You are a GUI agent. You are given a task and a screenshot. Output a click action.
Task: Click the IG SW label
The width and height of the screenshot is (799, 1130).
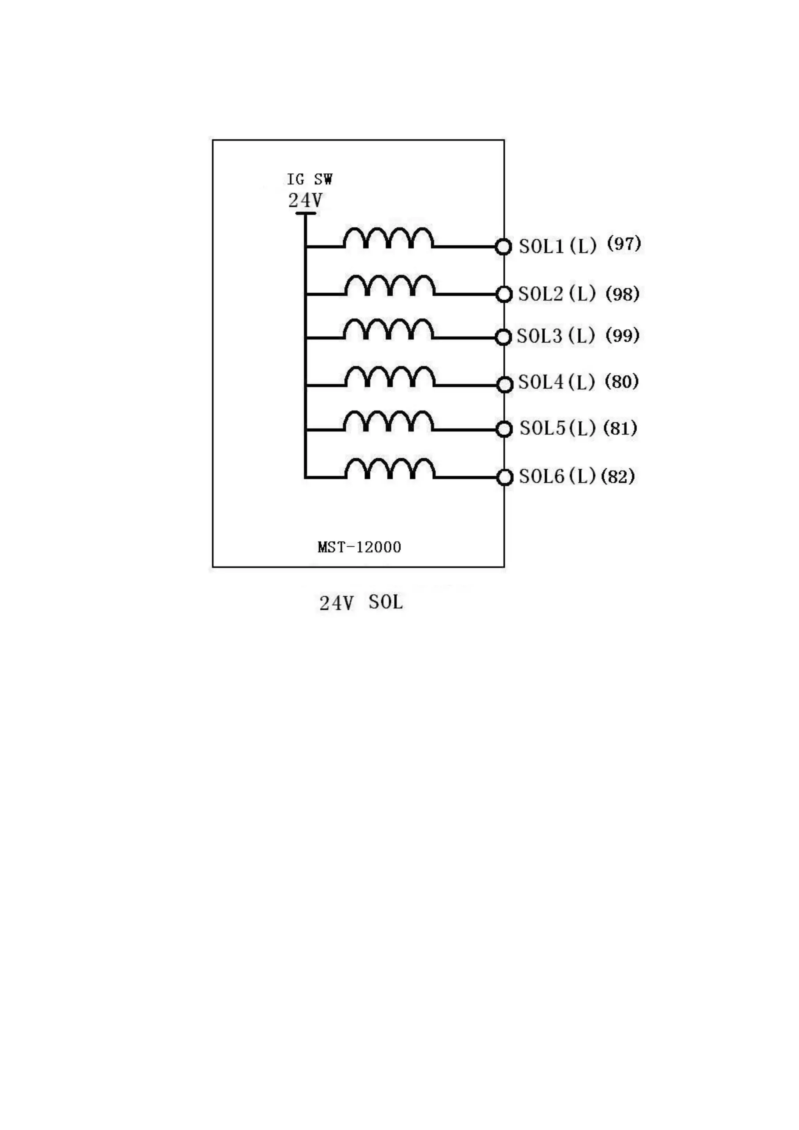coord(309,179)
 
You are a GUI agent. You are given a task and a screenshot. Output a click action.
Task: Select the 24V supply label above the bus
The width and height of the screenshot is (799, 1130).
coord(305,200)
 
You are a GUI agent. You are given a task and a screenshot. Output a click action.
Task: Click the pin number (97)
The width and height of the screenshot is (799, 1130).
coord(624,243)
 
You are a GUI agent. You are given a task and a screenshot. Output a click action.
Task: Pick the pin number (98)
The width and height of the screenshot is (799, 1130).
coord(622,294)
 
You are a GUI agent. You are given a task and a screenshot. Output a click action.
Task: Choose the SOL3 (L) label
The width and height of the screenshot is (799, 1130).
coord(556,336)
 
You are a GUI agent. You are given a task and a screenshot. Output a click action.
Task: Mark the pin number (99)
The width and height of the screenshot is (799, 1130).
coord(622,336)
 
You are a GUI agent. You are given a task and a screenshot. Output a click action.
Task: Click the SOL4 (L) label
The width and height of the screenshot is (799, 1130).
coord(556,382)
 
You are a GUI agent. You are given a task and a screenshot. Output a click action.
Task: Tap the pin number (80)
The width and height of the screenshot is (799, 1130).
coord(621,382)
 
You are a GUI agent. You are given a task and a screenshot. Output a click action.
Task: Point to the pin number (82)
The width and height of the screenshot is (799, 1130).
coord(618,476)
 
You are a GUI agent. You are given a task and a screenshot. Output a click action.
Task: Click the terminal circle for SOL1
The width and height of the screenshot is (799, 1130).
coord(503,247)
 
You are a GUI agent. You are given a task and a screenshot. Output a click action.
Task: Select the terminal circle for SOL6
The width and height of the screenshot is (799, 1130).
coord(504,477)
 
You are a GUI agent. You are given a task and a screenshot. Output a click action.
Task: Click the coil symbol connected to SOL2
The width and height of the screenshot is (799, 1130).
coord(390,286)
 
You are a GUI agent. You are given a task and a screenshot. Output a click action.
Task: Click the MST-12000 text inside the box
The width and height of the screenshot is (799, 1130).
coord(359,547)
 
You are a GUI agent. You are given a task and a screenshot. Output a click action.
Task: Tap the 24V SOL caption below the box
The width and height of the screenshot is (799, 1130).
coord(361,602)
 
